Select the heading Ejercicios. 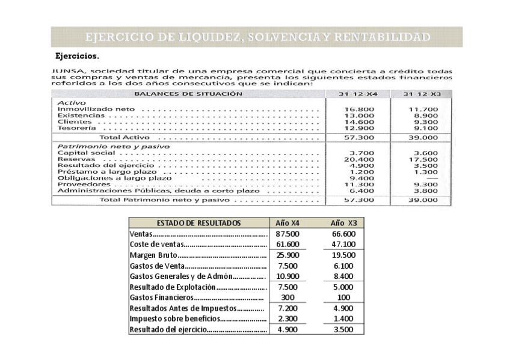(78, 56)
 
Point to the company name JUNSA (68, 71)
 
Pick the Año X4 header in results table (287, 223)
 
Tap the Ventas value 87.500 (287, 234)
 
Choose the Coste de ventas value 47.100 (343, 245)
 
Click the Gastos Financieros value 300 (287, 297)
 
